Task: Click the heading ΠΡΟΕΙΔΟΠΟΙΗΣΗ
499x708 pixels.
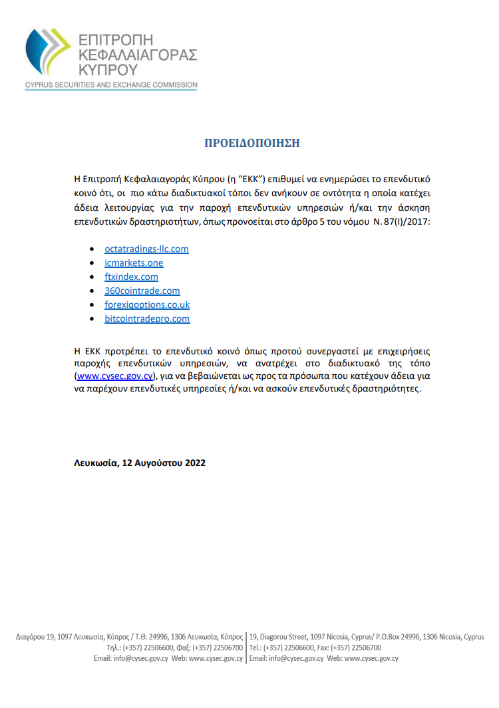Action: coord(252,143)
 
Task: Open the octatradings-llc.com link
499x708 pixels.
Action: coord(146,249)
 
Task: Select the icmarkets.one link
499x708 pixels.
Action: coord(134,263)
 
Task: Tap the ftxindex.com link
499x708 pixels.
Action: coord(131,277)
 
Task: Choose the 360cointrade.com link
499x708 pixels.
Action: coord(142,291)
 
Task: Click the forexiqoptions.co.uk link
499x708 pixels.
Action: coord(147,304)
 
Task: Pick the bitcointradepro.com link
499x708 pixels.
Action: coord(147,318)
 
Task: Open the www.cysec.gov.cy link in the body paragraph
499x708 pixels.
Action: coord(115,376)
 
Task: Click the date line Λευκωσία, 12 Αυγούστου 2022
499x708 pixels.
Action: coord(140,463)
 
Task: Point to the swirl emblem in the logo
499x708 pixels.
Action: coord(46,53)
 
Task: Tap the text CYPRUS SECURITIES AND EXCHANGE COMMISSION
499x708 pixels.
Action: coord(111,85)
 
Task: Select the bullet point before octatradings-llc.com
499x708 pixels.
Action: coord(92,249)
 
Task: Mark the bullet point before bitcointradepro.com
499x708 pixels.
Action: coord(92,319)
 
